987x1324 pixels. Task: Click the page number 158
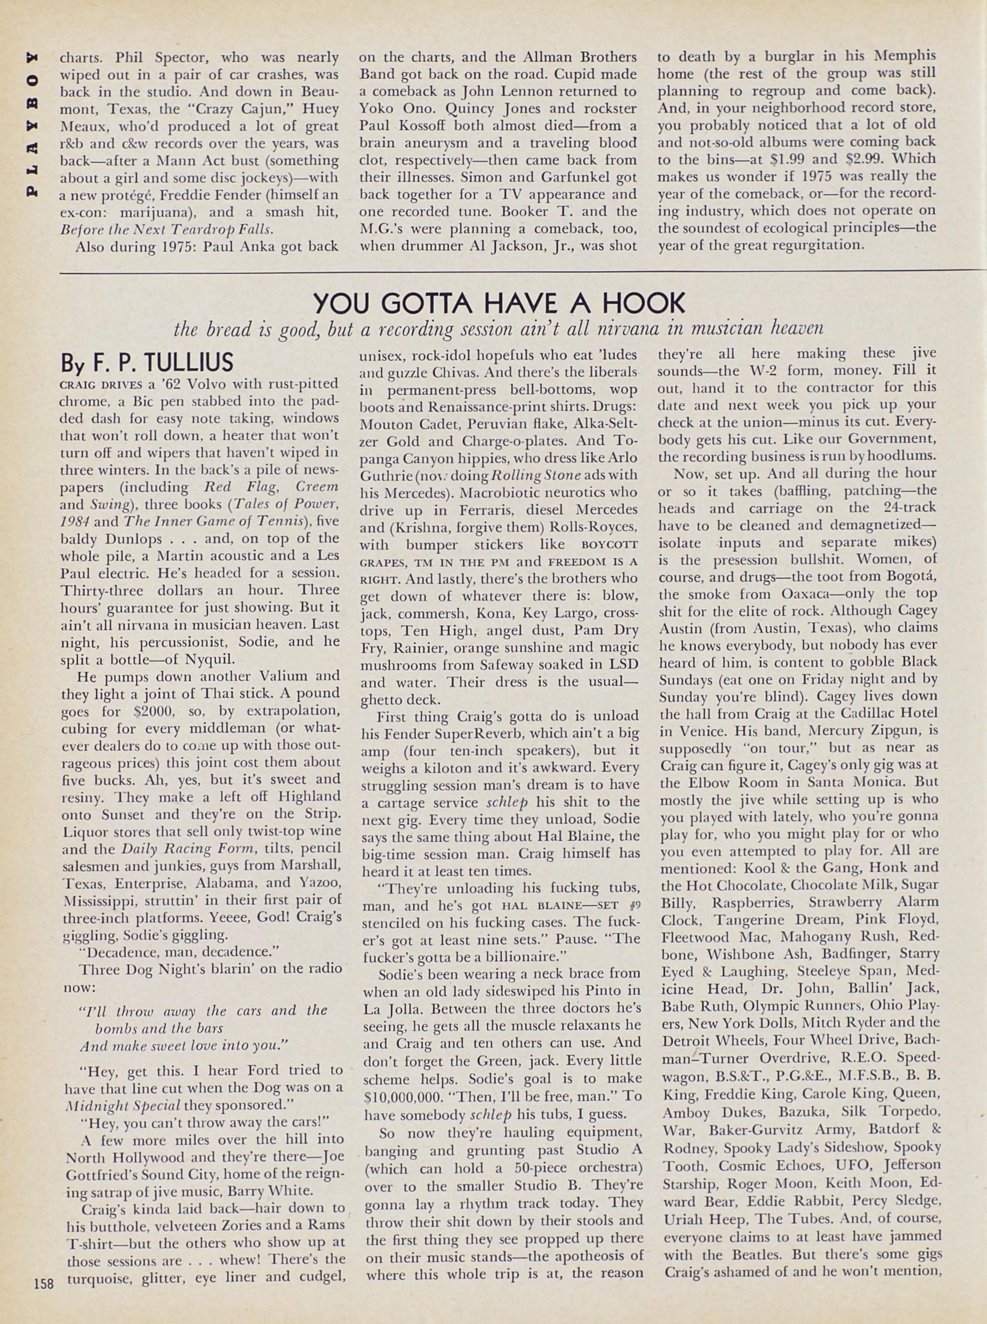click(44, 1282)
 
